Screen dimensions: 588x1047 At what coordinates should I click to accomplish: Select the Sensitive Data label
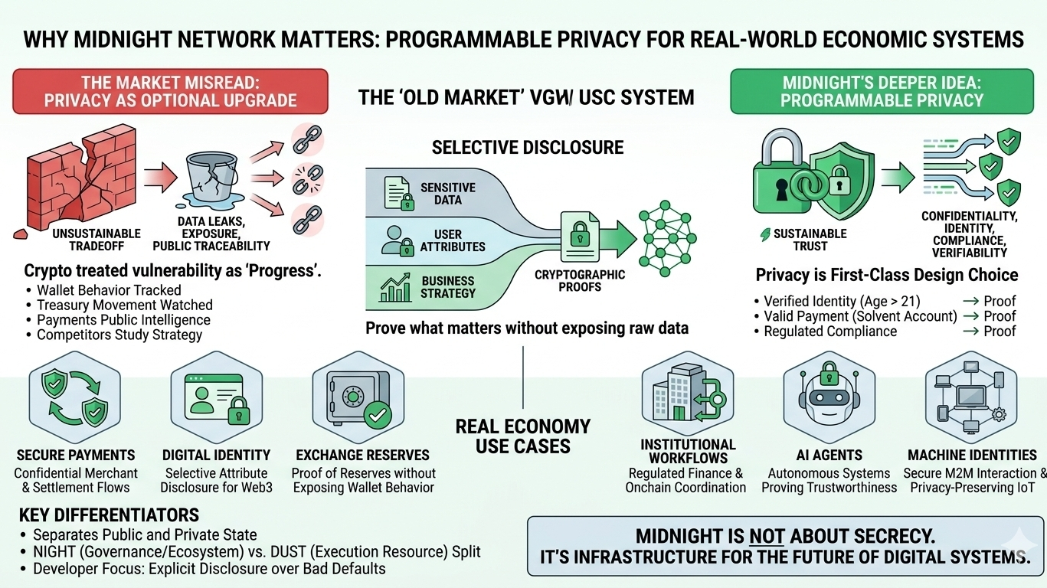click(447, 193)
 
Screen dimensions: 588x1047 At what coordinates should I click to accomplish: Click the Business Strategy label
click(448, 286)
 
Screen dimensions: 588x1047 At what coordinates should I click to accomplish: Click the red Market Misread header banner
click(170, 91)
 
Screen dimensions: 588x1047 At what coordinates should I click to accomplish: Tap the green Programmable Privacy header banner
click(882, 91)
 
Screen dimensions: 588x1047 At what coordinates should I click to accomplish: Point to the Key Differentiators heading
click(110, 514)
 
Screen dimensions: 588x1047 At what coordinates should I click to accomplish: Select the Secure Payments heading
click(76, 455)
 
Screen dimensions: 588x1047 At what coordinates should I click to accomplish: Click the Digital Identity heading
click(216, 455)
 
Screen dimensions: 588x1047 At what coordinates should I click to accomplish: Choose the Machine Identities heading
click(972, 455)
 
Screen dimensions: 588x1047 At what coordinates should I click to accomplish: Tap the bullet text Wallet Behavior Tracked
click(109, 290)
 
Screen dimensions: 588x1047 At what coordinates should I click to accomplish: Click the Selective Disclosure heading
click(528, 147)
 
